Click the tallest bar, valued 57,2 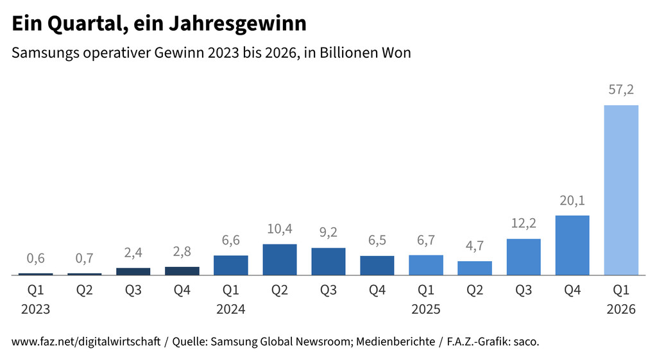621,190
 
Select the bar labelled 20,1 572,245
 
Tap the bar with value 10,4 280,259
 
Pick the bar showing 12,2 524,257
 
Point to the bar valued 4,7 475,268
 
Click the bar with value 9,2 328,261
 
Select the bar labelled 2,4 133,271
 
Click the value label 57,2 621,90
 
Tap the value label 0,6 36,259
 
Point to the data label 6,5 377,241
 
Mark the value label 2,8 182,252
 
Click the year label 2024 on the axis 231,309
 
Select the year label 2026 621,309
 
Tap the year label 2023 36,309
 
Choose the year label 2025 426,309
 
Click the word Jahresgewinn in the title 239,24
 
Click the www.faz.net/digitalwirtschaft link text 86,342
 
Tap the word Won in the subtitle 397,53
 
